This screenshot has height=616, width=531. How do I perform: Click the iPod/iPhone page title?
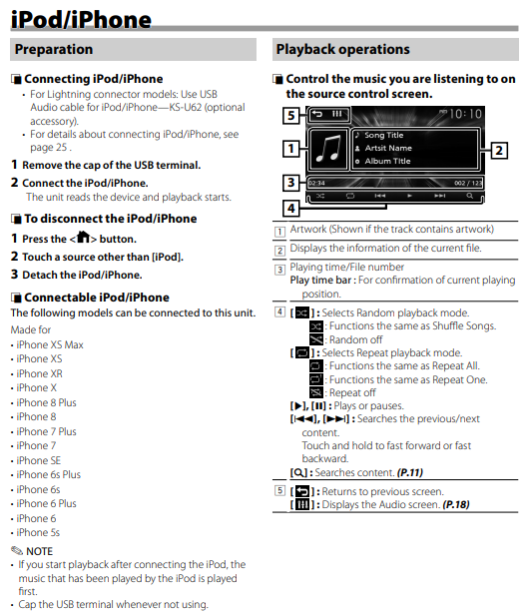[x=81, y=19]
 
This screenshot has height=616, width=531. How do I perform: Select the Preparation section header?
[x=54, y=49]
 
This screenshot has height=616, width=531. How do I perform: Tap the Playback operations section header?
[x=343, y=49]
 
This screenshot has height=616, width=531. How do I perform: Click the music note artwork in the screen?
[x=328, y=149]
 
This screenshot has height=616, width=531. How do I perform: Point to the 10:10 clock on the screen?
[x=465, y=114]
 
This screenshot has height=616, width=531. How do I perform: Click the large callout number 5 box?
[x=291, y=115]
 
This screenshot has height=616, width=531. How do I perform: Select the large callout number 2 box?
[x=499, y=150]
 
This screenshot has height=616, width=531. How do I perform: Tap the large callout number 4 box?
[x=291, y=209]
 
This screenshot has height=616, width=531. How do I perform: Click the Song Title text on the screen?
[x=383, y=135]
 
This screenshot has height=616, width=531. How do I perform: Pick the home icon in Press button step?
[x=84, y=237]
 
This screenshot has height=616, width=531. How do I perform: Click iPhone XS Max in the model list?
[x=50, y=344]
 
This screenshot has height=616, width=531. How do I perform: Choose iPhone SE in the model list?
[x=39, y=460]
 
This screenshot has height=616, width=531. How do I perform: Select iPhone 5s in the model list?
[x=38, y=533]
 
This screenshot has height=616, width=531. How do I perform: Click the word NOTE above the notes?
[x=39, y=551]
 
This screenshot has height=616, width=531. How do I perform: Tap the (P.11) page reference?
[x=409, y=472]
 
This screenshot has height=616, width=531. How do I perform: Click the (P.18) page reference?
[x=456, y=505]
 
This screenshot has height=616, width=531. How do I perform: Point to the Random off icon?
[x=316, y=339]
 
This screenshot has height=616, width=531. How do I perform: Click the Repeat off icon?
[x=316, y=392]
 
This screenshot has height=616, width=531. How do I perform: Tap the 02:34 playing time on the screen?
[x=316, y=183]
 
